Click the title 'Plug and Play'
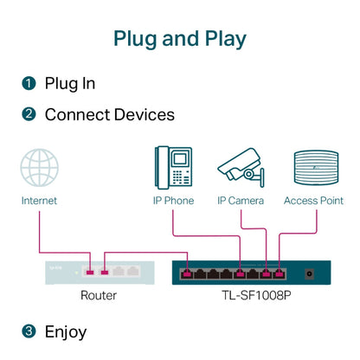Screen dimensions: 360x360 pos(180,38)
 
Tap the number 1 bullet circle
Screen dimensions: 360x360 pos(29,84)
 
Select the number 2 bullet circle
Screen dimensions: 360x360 pos(29,114)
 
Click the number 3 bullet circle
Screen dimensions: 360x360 pos(29,331)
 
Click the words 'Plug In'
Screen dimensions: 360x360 pos(70,84)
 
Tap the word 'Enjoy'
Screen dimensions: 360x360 pos(66,331)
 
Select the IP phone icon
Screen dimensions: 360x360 pos(173,166)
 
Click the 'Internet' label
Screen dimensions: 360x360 pos(40,201)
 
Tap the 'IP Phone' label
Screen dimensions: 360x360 pos(173,201)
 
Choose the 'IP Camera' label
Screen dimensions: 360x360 pos(240,201)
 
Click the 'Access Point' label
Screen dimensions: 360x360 pos(313,201)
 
